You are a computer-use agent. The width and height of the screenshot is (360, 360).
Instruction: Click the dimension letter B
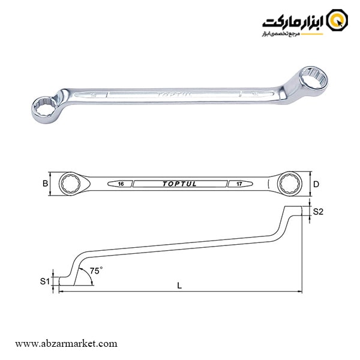tap(44, 184)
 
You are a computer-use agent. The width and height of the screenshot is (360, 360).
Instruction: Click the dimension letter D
tap(316, 184)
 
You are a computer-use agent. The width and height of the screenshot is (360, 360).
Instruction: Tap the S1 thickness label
tap(44, 280)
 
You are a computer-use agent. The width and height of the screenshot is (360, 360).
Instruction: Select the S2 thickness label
tap(318, 211)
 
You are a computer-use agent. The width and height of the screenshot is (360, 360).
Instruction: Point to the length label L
tap(179, 286)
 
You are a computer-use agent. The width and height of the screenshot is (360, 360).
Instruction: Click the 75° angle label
tap(95, 271)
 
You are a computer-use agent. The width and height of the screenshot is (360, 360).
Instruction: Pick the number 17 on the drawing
tap(240, 184)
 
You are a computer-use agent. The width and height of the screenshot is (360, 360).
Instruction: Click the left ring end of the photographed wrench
tap(45, 107)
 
